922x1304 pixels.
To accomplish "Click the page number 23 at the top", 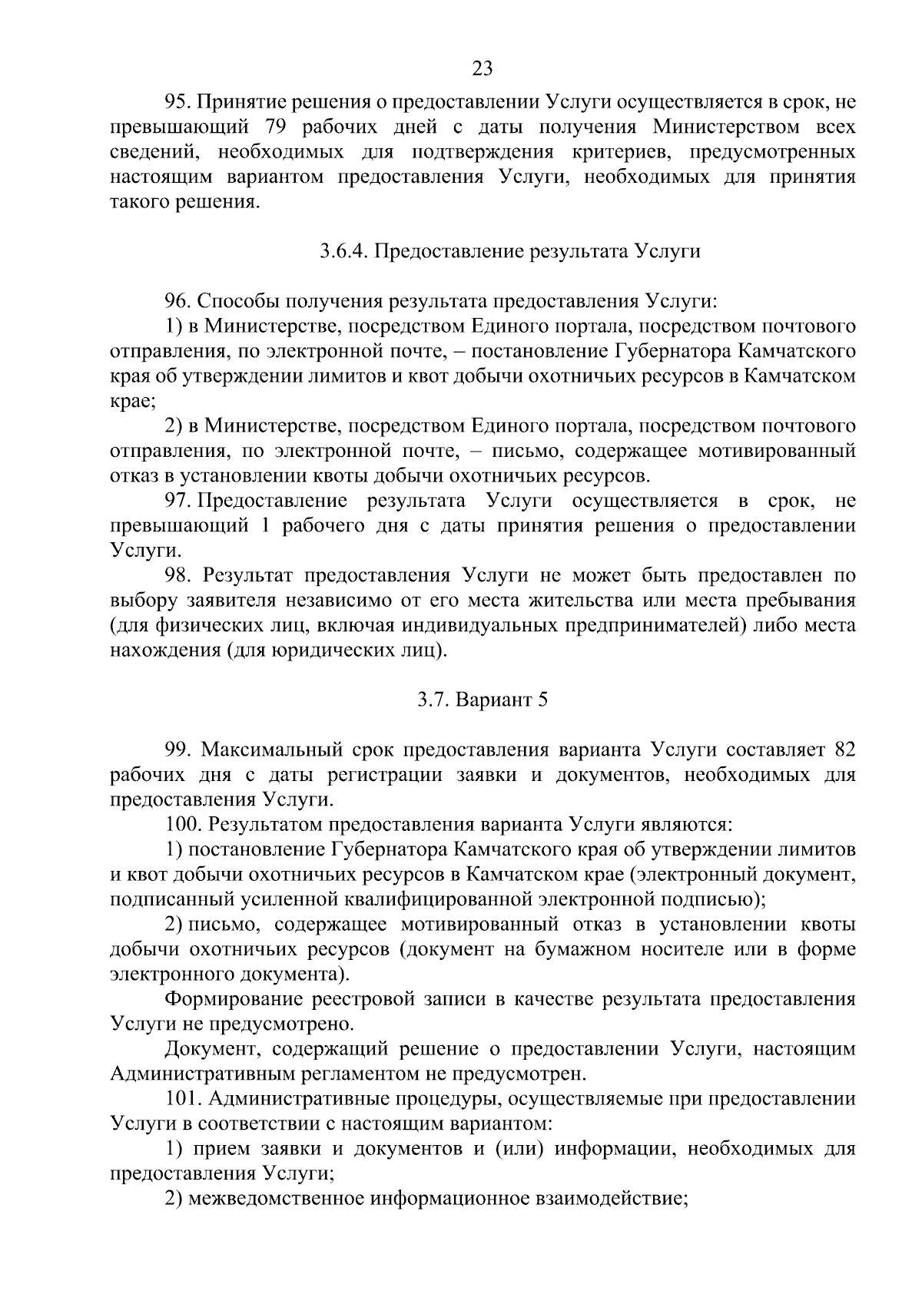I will pyautogui.click(x=482, y=69).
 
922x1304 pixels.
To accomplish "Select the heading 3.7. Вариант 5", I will pyautogui.click(x=482, y=700).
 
